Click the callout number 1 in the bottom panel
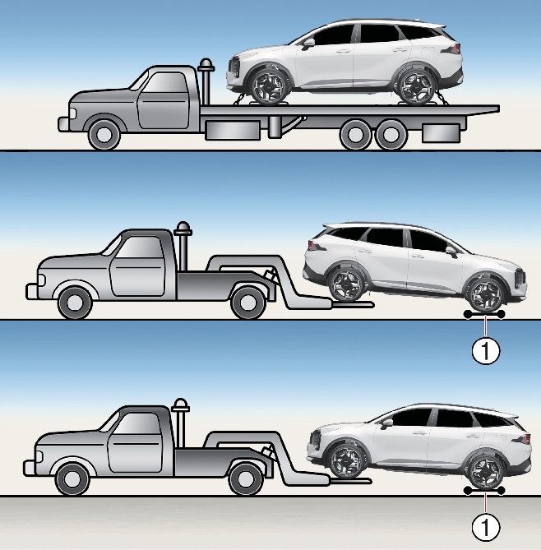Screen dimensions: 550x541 pos(486,525)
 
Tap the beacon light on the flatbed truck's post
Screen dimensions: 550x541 pos(206,63)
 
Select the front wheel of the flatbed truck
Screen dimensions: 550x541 pos(104,133)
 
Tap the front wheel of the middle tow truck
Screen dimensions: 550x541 pos(74,302)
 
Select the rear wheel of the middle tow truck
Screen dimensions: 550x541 pos(247,302)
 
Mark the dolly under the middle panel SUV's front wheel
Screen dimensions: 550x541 pos(483,313)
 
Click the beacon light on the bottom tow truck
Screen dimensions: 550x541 pos(182,404)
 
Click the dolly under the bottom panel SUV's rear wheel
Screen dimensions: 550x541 pos(483,489)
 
